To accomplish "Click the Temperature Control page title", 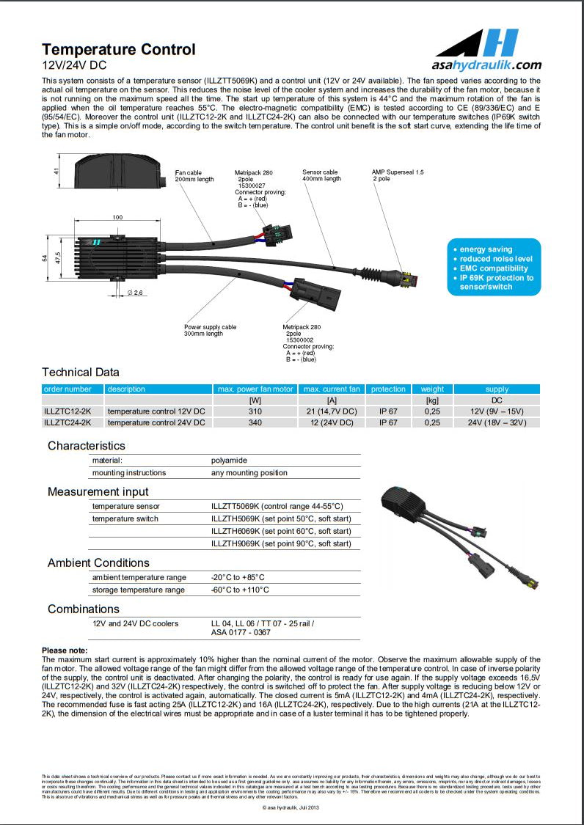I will pyautogui.click(x=119, y=50).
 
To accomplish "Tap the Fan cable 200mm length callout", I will pyautogui.click(x=194, y=176).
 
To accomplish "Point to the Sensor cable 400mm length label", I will pyautogui.click(x=321, y=175).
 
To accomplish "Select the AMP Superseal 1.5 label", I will pyautogui.click(x=398, y=175).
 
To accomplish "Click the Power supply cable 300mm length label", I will pyautogui.click(x=211, y=330).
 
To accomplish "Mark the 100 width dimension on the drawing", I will pyautogui.click(x=117, y=218).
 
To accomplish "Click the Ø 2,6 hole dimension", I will pyautogui.click(x=135, y=293).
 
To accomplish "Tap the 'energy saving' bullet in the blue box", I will pyautogui.click(x=486, y=249).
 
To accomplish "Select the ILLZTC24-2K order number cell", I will pyautogui.click(x=67, y=422).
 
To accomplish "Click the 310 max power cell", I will pyautogui.click(x=256, y=411).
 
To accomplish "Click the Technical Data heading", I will pyautogui.click(x=81, y=372).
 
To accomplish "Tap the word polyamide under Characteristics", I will pyautogui.click(x=229, y=461).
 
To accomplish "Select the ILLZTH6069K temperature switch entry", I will pyautogui.click(x=281, y=531).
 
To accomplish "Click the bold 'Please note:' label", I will pyautogui.click(x=65, y=650).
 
